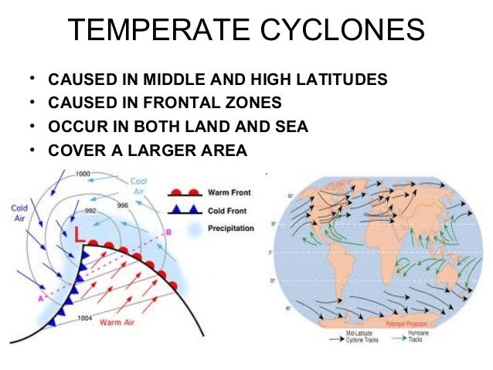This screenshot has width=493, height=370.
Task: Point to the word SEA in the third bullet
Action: (x=293, y=126)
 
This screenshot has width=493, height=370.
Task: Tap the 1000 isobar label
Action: (x=84, y=174)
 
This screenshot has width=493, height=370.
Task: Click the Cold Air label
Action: (x=20, y=212)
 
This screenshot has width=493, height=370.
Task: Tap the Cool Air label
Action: (x=139, y=185)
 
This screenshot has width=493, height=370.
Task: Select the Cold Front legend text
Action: (x=226, y=210)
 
